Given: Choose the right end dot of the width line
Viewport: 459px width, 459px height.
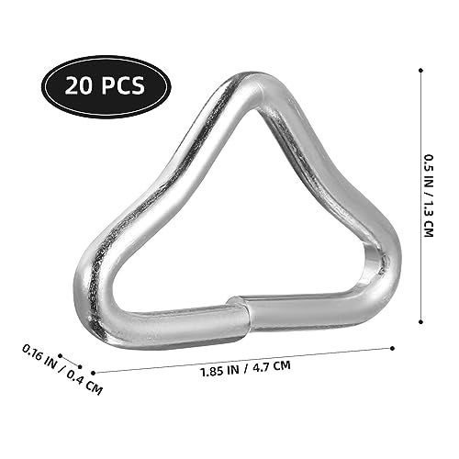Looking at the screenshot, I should pyautogui.click(x=394, y=348).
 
